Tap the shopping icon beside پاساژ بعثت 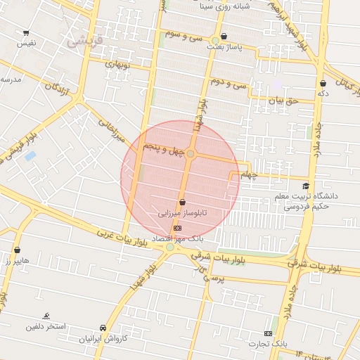click(224, 36)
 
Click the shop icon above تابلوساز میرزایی click(182, 202)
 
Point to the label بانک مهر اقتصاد click(168, 238)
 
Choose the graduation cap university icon click(305, 186)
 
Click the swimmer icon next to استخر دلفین click(46, 316)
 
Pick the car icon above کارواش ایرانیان click(103, 328)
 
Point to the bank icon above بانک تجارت click(268, 333)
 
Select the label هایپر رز click(16, 261)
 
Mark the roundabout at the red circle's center click(190, 153)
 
